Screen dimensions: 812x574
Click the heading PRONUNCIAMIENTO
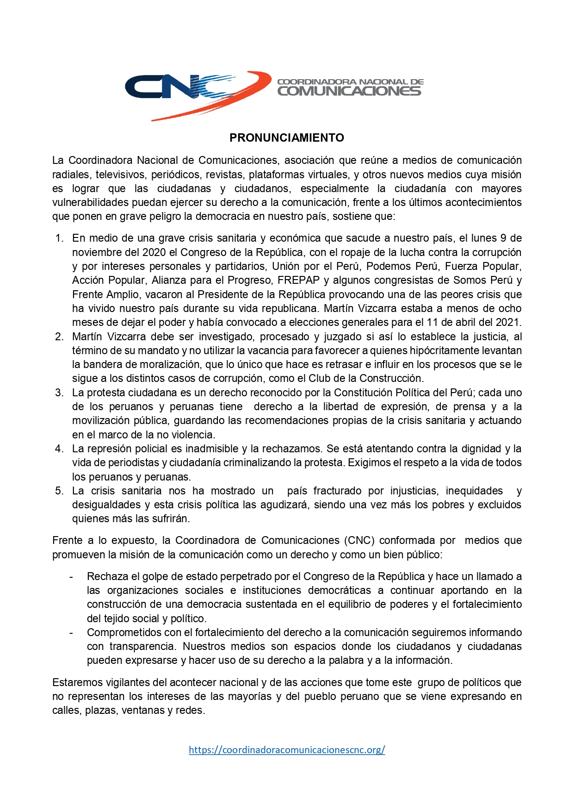coord(287,137)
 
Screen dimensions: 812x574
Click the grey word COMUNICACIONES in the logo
coord(349,91)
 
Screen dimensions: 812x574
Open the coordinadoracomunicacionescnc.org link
coord(287,750)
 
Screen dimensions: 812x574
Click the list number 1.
coord(59,238)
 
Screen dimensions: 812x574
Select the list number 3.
coord(59,393)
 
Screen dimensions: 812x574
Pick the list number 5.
coord(59,491)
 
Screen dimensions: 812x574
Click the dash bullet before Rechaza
coord(71,577)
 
